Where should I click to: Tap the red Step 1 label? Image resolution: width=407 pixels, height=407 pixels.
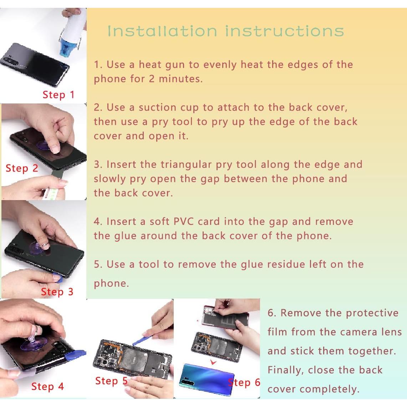pos(58,95)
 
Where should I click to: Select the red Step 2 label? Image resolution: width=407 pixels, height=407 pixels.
pos(22,168)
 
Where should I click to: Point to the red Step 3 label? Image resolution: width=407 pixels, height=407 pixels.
pos(57,292)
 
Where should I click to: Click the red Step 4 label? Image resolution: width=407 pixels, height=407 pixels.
pos(47,387)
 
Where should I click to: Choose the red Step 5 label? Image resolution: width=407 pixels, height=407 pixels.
pos(111,381)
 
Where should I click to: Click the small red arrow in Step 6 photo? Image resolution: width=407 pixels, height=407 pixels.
pos(213,362)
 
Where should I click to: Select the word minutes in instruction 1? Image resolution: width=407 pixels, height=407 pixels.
pos(180,79)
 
